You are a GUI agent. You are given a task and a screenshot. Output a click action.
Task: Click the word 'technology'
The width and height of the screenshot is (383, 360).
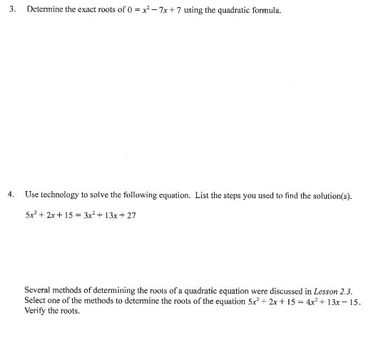[62, 195]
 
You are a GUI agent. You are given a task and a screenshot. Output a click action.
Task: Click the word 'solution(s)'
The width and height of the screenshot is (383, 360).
[333, 195]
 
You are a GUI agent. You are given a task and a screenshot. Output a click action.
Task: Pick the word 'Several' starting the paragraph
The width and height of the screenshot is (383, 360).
[37, 291]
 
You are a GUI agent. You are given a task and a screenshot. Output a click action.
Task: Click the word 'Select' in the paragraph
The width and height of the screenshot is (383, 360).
[36, 301]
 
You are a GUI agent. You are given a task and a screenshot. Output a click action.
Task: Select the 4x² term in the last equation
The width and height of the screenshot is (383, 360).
[298, 301]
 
